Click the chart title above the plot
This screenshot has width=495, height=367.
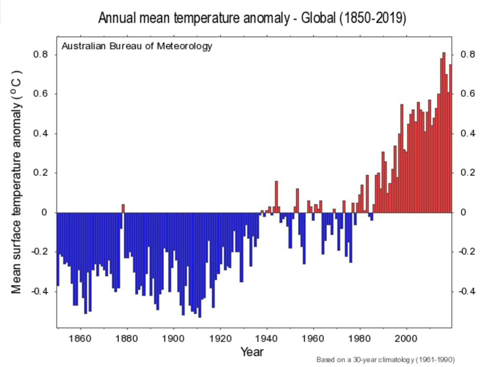click(252, 18)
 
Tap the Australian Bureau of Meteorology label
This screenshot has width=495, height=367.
click(137, 46)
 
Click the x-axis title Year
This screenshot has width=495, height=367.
click(252, 352)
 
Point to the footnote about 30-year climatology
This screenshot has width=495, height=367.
click(386, 359)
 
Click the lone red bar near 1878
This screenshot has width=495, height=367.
click(123, 208)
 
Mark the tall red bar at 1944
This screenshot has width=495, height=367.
click(276, 197)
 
